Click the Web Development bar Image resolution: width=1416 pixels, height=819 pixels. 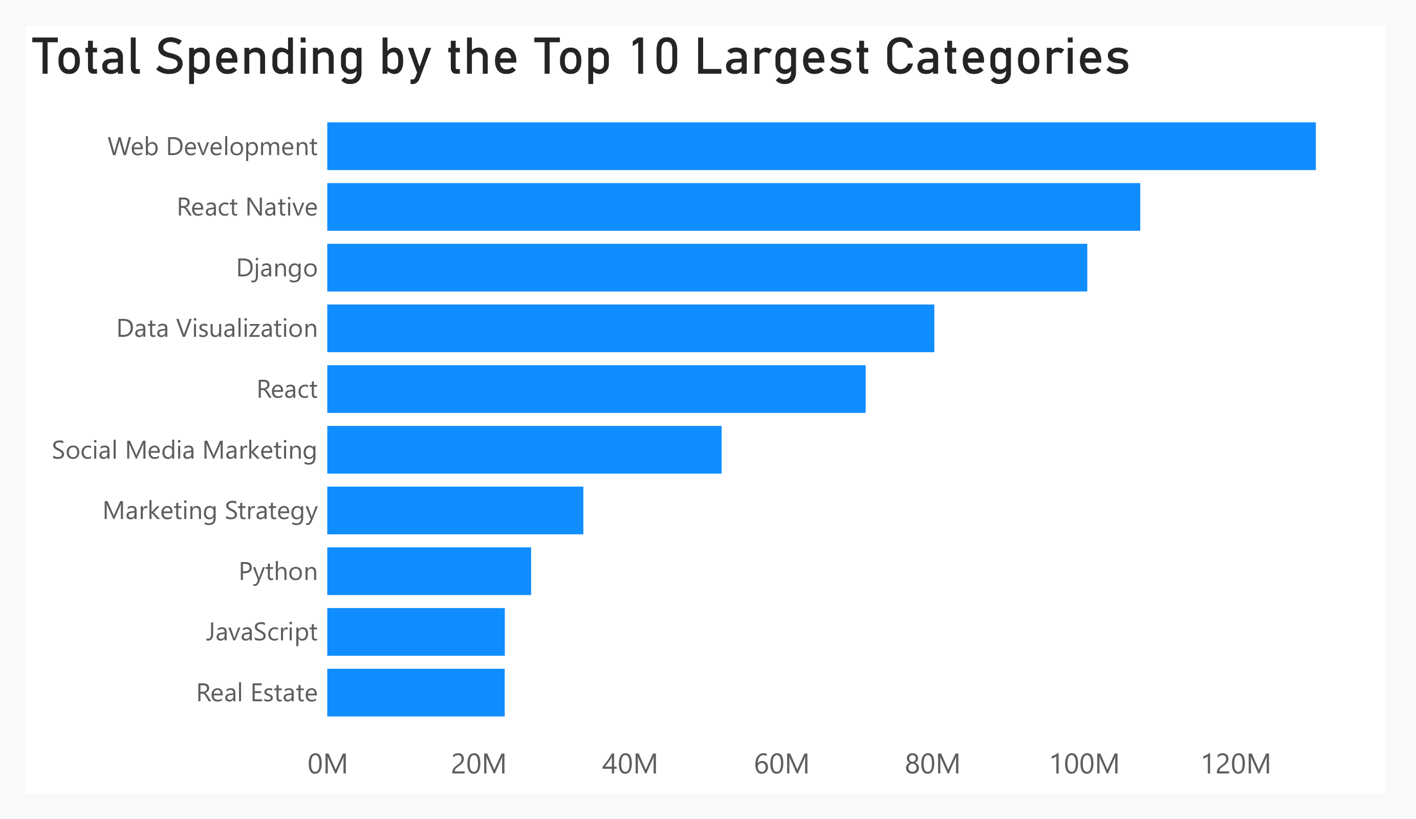coord(821,146)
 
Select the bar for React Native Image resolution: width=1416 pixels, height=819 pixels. coord(733,207)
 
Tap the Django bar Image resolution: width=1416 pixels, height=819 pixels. coord(707,268)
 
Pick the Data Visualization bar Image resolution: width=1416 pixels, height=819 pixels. coord(630,328)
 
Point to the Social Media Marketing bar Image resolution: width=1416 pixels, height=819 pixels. coord(524,450)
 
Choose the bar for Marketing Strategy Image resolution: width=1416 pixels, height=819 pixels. coord(455,510)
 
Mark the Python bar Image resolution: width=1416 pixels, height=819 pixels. coord(429,571)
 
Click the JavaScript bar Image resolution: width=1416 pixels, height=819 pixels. coord(416,632)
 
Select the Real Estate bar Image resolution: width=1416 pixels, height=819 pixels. coord(416,693)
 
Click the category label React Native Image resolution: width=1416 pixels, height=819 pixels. coord(247,207)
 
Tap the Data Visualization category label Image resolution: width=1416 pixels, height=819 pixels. coord(217,329)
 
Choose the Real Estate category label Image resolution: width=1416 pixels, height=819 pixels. coord(257,693)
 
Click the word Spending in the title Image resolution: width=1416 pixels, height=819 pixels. coord(260,58)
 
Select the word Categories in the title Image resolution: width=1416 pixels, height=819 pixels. coord(1007,58)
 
